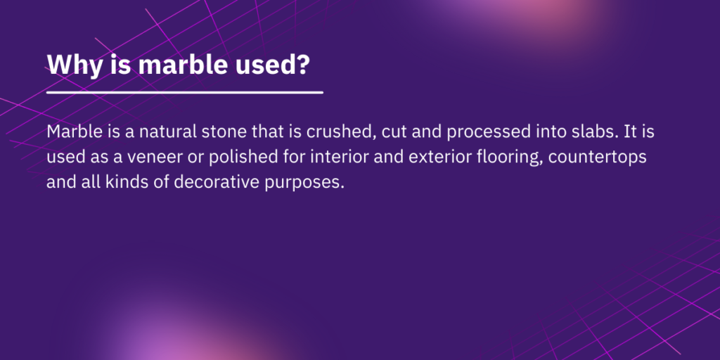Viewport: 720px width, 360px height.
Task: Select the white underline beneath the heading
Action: click(185, 92)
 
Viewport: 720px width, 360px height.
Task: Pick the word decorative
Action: click(214, 182)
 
